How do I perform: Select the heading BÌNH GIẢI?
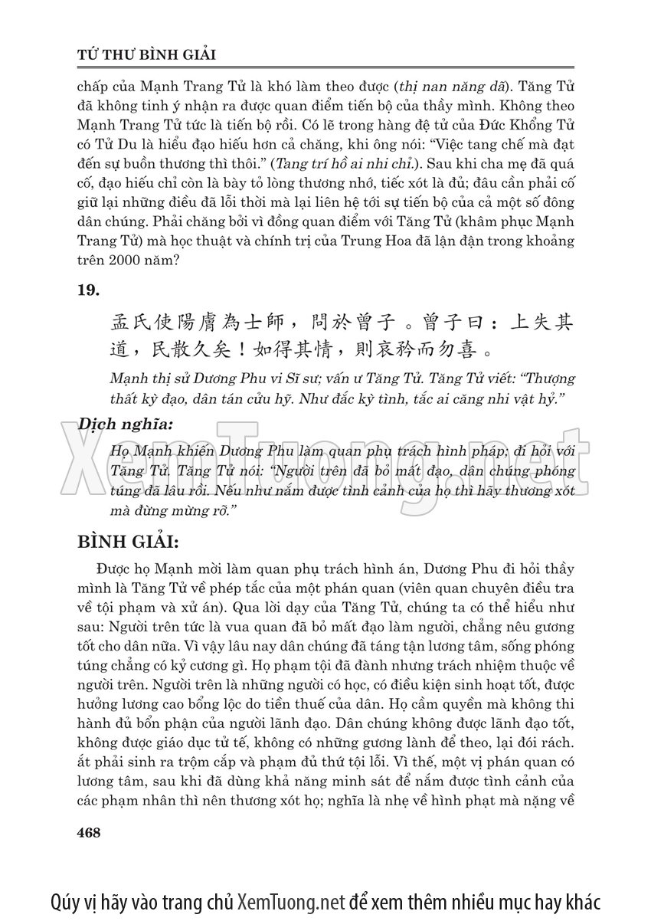point(128,542)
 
